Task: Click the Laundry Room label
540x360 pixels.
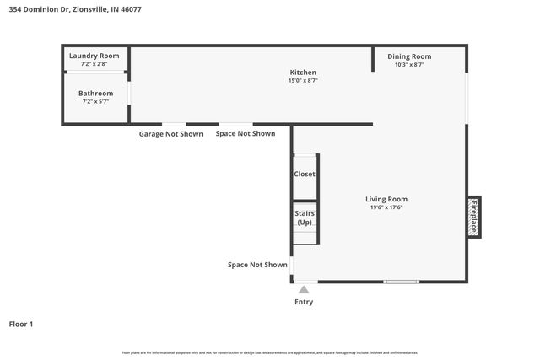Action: [94, 56]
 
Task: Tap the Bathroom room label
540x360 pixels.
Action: [95, 94]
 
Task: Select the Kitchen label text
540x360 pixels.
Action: [303, 73]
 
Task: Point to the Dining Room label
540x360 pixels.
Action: [409, 56]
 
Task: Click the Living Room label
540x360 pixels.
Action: [386, 199]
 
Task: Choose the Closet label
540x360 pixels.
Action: [305, 174]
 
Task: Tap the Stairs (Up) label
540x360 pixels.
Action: [305, 218]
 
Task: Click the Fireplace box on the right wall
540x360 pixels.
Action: [474, 218]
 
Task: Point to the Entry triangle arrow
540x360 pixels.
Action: [304, 290]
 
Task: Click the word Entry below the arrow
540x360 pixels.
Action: [304, 302]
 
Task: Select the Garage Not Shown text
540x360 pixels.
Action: [170, 133]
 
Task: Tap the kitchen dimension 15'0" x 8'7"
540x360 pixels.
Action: [303, 81]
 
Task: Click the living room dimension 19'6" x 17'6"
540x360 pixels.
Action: [386, 207]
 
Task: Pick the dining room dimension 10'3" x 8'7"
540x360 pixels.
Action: [409, 64]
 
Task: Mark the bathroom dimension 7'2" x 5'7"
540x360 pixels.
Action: [95, 102]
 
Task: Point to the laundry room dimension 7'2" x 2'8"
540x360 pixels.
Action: [94, 64]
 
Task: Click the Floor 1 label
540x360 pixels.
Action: [20, 324]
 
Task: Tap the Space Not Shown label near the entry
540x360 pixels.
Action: [257, 265]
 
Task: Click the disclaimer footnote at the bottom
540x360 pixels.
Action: [270, 352]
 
